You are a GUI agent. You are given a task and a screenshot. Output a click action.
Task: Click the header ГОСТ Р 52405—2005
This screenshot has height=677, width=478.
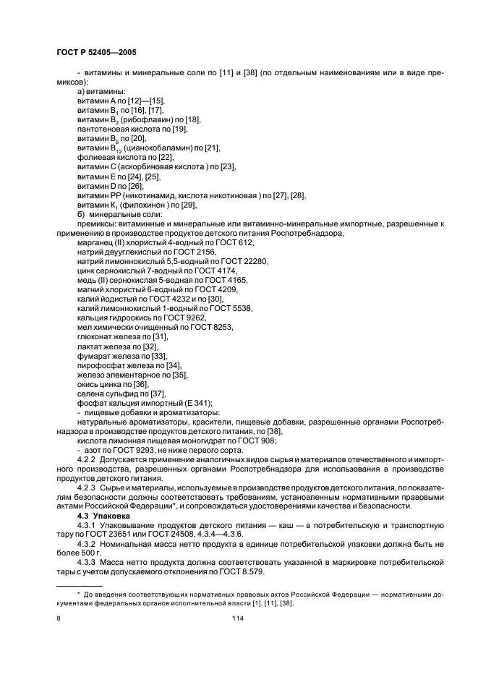click(x=95, y=53)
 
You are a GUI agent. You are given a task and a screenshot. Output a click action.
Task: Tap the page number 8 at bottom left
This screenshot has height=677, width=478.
click(x=59, y=619)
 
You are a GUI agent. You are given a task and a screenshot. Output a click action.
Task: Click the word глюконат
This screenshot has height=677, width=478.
click(x=96, y=336)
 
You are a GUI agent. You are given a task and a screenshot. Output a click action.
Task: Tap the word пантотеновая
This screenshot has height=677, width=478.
click(x=104, y=129)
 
